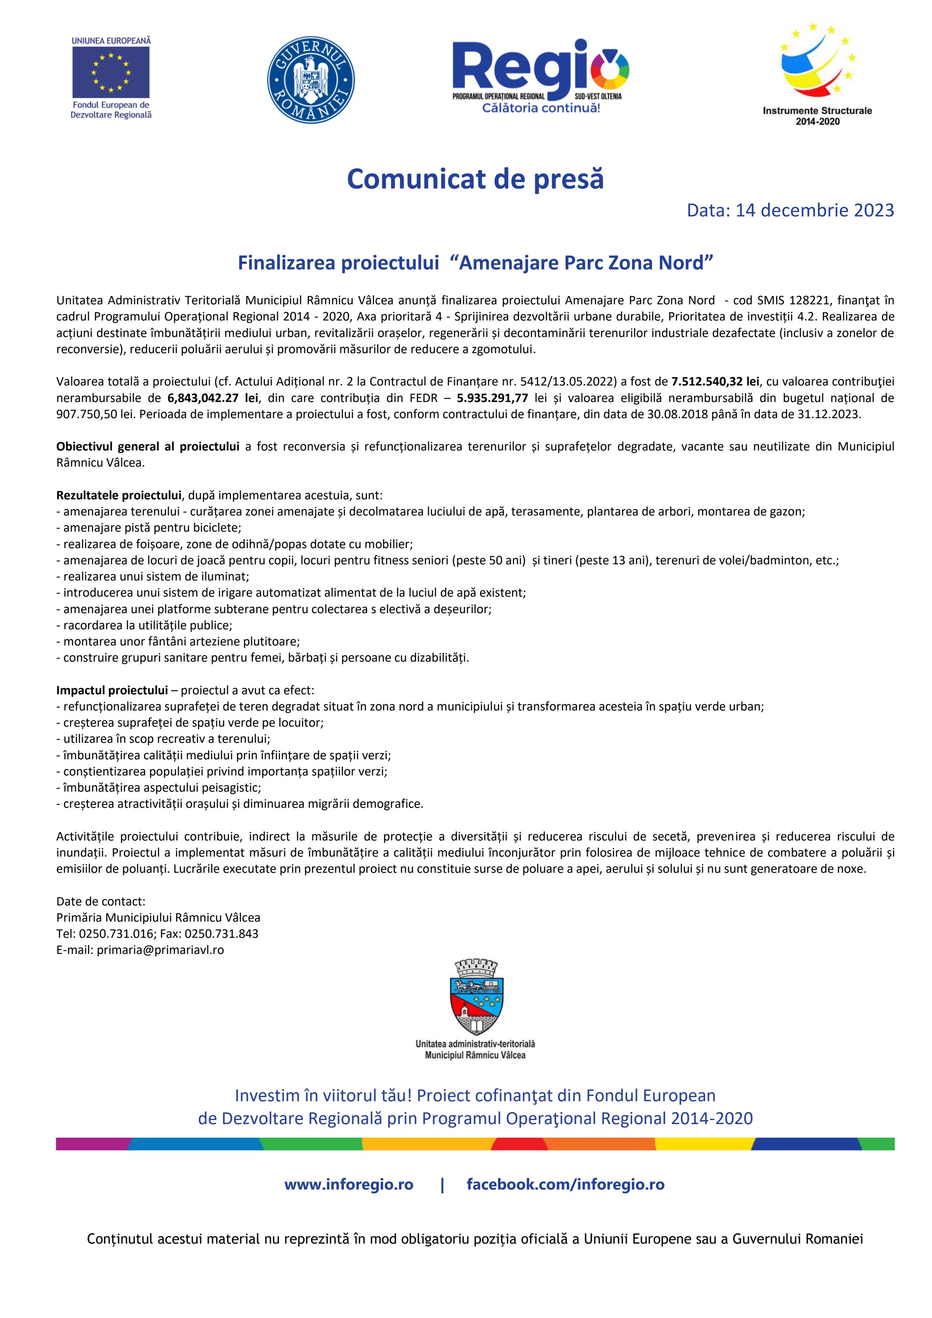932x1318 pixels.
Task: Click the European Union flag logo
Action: point(111,73)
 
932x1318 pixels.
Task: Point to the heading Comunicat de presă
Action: point(475,179)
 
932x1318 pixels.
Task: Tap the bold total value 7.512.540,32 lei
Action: point(715,382)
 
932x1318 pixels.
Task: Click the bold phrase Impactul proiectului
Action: point(112,690)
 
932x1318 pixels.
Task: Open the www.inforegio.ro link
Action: point(349,1184)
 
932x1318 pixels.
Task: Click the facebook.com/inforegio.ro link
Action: point(565,1184)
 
